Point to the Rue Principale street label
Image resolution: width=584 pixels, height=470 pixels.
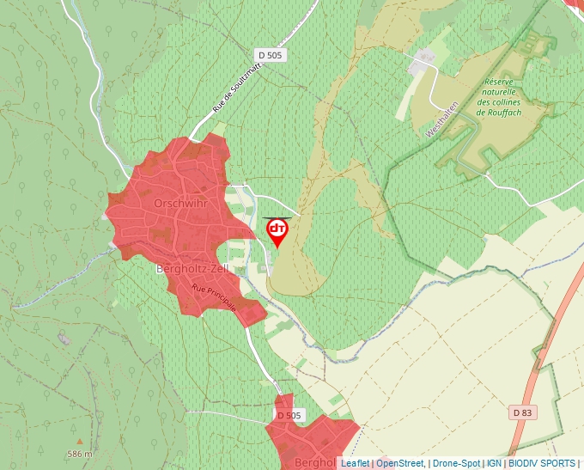pyautogui.click(x=214, y=297)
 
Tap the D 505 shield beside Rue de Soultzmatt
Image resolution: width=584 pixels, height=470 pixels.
pyautogui.click(x=270, y=55)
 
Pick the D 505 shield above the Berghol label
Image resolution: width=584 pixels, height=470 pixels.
pyautogui.click(x=290, y=415)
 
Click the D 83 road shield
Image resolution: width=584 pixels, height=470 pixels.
pyautogui.click(x=522, y=412)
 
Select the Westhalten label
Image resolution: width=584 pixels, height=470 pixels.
pyautogui.click(x=443, y=119)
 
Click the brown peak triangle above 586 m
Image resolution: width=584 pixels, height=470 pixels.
pyautogui.click(x=80, y=442)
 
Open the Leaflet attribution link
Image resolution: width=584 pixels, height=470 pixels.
pyautogui.click(x=355, y=463)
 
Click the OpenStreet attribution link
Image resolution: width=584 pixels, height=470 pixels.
pyautogui.click(x=400, y=463)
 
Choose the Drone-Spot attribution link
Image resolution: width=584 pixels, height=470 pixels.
pyautogui.click(x=456, y=463)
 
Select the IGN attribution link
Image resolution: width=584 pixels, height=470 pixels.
pyautogui.click(x=494, y=463)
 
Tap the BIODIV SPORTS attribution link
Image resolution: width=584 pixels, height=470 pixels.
pyautogui.click(x=541, y=463)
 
